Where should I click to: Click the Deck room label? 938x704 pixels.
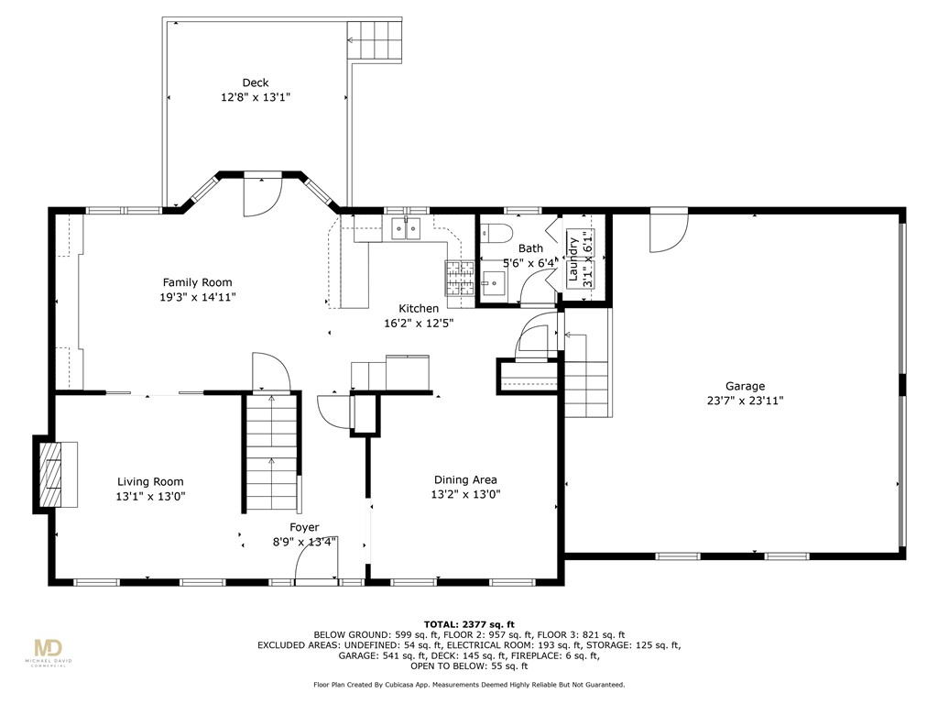click(x=256, y=82)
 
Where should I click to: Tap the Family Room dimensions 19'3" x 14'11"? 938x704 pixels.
click(x=198, y=297)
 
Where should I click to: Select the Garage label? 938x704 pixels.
click(x=745, y=386)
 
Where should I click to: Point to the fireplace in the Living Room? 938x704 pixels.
click(x=56, y=474)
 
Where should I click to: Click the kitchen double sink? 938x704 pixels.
click(x=406, y=228)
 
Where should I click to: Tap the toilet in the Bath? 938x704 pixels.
click(x=497, y=232)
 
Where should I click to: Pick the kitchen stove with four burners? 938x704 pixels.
click(x=460, y=279)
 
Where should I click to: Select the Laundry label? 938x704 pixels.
click(x=573, y=259)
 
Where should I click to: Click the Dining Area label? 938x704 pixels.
click(x=465, y=479)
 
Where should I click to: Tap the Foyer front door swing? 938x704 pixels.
click(x=317, y=564)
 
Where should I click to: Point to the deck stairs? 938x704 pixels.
click(x=375, y=40)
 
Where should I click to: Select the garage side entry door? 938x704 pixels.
click(x=670, y=230)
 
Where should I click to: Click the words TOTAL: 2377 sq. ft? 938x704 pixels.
click(x=469, y=624)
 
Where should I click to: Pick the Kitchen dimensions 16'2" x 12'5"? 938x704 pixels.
click(x=419, y=324)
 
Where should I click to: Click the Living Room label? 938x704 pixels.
click(x=150, y=481)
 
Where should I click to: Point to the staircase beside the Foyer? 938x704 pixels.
click(x=272, y=453)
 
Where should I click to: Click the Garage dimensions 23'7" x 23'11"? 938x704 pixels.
click(x=746, y=401)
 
